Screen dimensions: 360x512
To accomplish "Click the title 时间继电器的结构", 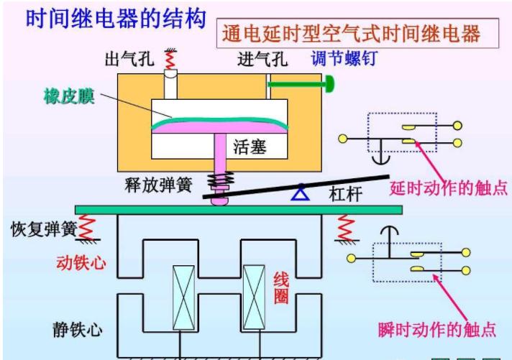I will pyautogui.click(x=115, y=17).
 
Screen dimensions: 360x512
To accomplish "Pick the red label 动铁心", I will pyautogui.click(x=81, y=262).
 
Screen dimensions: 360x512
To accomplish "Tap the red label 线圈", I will pyautogui.click(x=281, y=287).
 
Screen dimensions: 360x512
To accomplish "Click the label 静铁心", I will pyautogui.click(x=77, y=330).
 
